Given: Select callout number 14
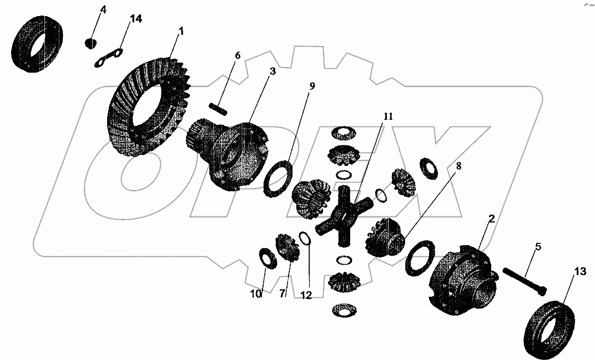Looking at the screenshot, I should pyautogui.click(x=135, y=19).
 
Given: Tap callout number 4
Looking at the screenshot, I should pyautogui.click(x=102, y=10).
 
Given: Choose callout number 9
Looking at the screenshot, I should pyautogui.click(x=312, y=86).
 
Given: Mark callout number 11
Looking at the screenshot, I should pyautogui.click(x=387, y=116).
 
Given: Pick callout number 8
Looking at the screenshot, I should pyautogui.click(x=458, y=165).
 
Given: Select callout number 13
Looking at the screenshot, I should pyautogui.click(x=579, y=271).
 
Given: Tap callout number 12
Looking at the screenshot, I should pyautogui.click(x=306, y=296).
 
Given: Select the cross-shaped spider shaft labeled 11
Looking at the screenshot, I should pyautogui.click(x=342, y=217).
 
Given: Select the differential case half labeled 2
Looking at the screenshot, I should pyautogui.click(x=463, y=277).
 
